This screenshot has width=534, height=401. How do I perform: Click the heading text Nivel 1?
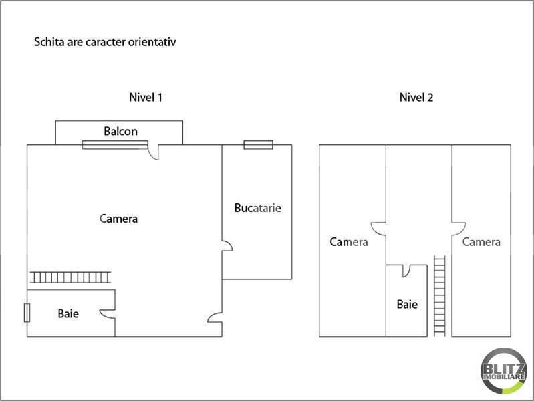pyautogui.click(x=146, y=97)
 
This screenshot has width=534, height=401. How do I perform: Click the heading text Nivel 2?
pyautogui.click(x=416, y=97)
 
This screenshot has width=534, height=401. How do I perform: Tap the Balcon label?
pyautogui.click(x=120, y=131)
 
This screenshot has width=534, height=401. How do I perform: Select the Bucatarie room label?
pyautogui.click(x=257, y=208)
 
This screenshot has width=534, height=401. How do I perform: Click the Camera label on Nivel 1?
pyautogui.click(x=118, y=219)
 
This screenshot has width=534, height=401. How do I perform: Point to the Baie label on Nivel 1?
pyautogui.click(x=68, y=313)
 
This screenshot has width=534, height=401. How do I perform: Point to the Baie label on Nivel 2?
pyautogui.click(x=407, y=305)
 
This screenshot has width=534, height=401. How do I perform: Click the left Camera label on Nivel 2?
pyautogui.click(x=348, y=242)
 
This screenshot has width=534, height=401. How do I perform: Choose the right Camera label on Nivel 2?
pyautogui.click(x=481, y=242)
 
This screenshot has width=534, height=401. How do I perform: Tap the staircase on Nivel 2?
pyautogui.click(x=439, y=294)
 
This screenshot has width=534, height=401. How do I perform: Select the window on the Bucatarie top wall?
pyautogui.click(x=258, y=144)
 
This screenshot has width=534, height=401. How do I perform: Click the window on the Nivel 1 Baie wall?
pyautogui.click(x=27, y=313)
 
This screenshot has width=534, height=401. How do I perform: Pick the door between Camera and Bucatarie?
pyautogui.click(x=227, y=247)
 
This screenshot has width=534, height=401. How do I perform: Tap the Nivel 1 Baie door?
pyautogui.click(x=107, y=313)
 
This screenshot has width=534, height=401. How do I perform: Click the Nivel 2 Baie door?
pyautogui.click(x=406, y=271)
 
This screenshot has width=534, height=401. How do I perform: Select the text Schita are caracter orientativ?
pyautogui.click(x=104, y=42)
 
